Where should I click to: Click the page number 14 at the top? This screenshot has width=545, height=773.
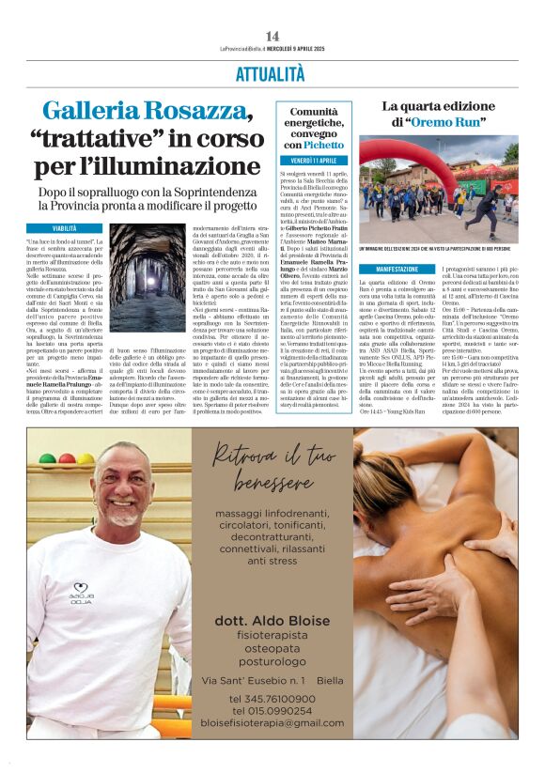click(x=272, y=36)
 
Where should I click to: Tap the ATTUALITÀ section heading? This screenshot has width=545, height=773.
click(x=272, y=74)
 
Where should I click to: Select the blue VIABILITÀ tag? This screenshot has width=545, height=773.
click(x=64, y=228)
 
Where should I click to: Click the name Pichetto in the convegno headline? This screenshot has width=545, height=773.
click(x=323, y=146)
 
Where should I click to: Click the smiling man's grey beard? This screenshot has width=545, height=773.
click(x=122, y=516)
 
